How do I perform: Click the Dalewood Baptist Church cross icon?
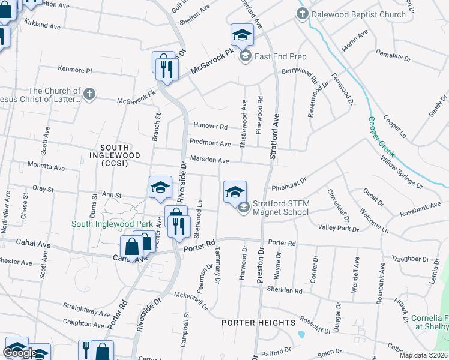pyautogui.click(x=303, y=14)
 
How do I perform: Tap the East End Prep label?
pyautogui.click(x=280, y=57)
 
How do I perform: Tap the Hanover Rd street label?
pyautogui.click(x=210, y=126)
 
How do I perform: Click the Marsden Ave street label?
pyautogui.click(x=209, y=161)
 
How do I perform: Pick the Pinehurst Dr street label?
pyautogui.click(x=289, y=180)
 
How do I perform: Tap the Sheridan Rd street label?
pyautogui.click(x=286, y=290)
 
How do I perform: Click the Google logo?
pyautogui.click(x=20, y=353)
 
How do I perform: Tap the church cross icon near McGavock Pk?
pyautogui.click(x=89, y=94)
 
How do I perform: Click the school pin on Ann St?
pyautogui.click(x=160, y=188)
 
